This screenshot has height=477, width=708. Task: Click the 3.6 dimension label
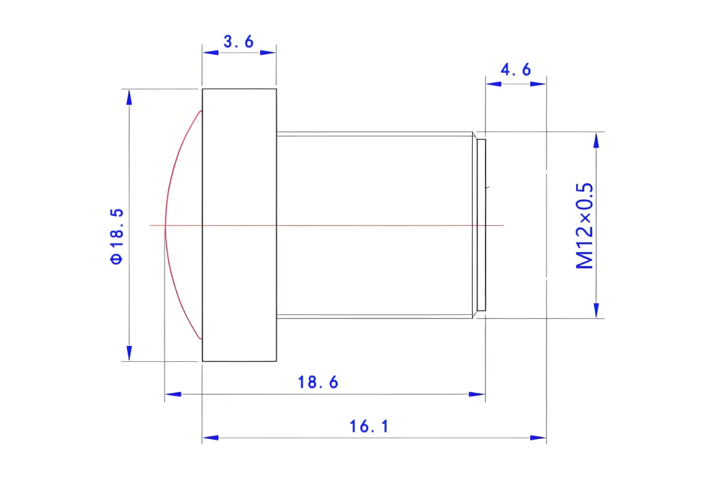pyautogui.click(x=238, y=42)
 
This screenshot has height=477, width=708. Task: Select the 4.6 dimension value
pyautogui.click(x=516, y=69)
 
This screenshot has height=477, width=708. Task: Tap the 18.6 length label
pyautogui.click(x=318, y=382)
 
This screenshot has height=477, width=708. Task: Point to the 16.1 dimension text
pyautogui.click(x=369, y=427)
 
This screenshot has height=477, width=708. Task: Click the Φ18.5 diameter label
pyautogui.click(x=116, y=236)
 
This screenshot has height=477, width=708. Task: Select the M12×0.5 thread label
pyautogui.click(x=584, y=226)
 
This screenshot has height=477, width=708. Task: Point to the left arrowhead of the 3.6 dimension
pyautogui.click(x=211, y=53)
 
